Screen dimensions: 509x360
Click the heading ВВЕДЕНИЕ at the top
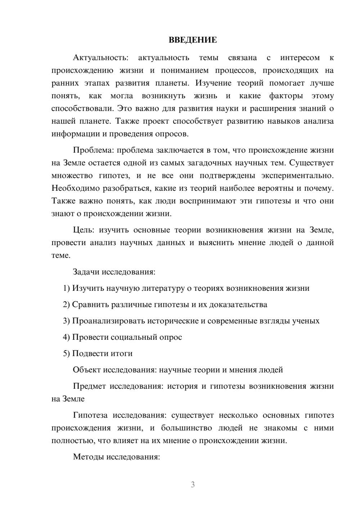(193, 40)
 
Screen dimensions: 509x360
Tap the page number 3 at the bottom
(193, 485)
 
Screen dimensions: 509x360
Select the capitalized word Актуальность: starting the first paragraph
(100, 58)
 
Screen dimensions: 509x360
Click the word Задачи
(86, 272)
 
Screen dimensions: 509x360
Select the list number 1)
(66, 288)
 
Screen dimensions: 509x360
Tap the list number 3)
(66, 321)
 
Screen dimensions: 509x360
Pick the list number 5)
(66, 353)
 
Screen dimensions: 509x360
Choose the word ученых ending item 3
(306, 321)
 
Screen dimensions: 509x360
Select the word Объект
(87, 370)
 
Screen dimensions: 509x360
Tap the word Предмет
(90, 386)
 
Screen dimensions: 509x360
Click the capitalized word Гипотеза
(90, 415)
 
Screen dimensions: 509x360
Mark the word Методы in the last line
(86, 457)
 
